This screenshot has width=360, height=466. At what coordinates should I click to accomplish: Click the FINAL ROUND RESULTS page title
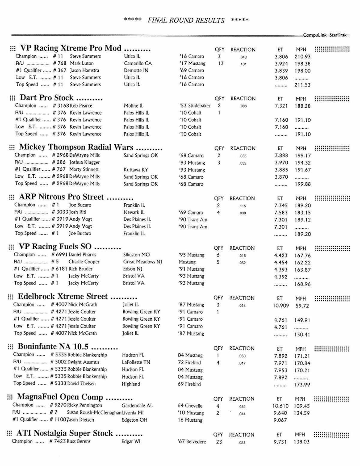coord(186,20)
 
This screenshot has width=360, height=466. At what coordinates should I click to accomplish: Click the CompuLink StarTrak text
coord(325,35)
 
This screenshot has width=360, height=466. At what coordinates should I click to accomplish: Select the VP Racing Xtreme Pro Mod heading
coord(70,48)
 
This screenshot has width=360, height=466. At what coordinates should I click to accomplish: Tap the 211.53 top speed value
coord(302,85)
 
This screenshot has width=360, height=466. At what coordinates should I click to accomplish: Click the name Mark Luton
coord(82,63)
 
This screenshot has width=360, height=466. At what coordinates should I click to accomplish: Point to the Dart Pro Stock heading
coord(46,98)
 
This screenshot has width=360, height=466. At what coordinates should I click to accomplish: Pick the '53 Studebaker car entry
coord(195,105)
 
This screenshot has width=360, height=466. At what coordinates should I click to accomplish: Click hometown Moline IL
coord(133,105)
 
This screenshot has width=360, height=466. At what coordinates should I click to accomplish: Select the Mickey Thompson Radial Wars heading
coord(76,147)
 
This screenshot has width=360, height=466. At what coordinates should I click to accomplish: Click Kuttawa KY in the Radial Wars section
coord(136,170)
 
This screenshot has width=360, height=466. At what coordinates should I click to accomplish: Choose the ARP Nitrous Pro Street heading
coord(61,197)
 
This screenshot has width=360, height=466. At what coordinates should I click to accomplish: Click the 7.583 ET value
coord(281,213)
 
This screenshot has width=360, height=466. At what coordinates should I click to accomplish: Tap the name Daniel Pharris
coord(82,255)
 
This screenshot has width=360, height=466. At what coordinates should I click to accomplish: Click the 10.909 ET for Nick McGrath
coord(281,306)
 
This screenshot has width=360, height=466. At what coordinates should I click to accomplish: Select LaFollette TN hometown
coord(136,362)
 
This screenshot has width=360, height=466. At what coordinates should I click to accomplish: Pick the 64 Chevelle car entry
coord(190,406)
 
